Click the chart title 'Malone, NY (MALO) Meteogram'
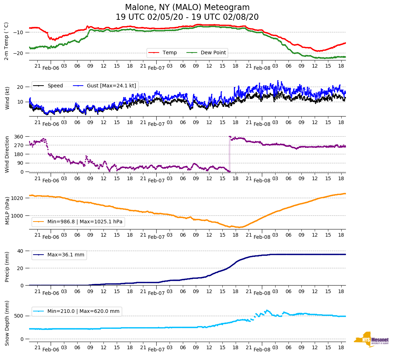point(187,8)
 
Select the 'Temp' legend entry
point(170,53)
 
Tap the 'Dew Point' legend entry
point(213,53)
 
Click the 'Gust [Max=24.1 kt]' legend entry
point(111,86)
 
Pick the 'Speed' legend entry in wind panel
point(55,86)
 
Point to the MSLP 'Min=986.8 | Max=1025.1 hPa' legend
point(85,222)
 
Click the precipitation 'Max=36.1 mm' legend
point(66,255)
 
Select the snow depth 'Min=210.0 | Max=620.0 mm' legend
point(83,311)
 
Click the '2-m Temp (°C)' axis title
point(6,41)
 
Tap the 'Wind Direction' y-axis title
point(7,154)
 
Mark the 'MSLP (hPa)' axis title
point(7,211)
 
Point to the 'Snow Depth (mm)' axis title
point(7,323)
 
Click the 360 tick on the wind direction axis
point(19,137)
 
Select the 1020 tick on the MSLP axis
point(18,198)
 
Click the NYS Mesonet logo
point(371,340)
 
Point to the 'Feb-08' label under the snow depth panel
point(262,350)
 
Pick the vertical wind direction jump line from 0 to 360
point(229,155)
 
